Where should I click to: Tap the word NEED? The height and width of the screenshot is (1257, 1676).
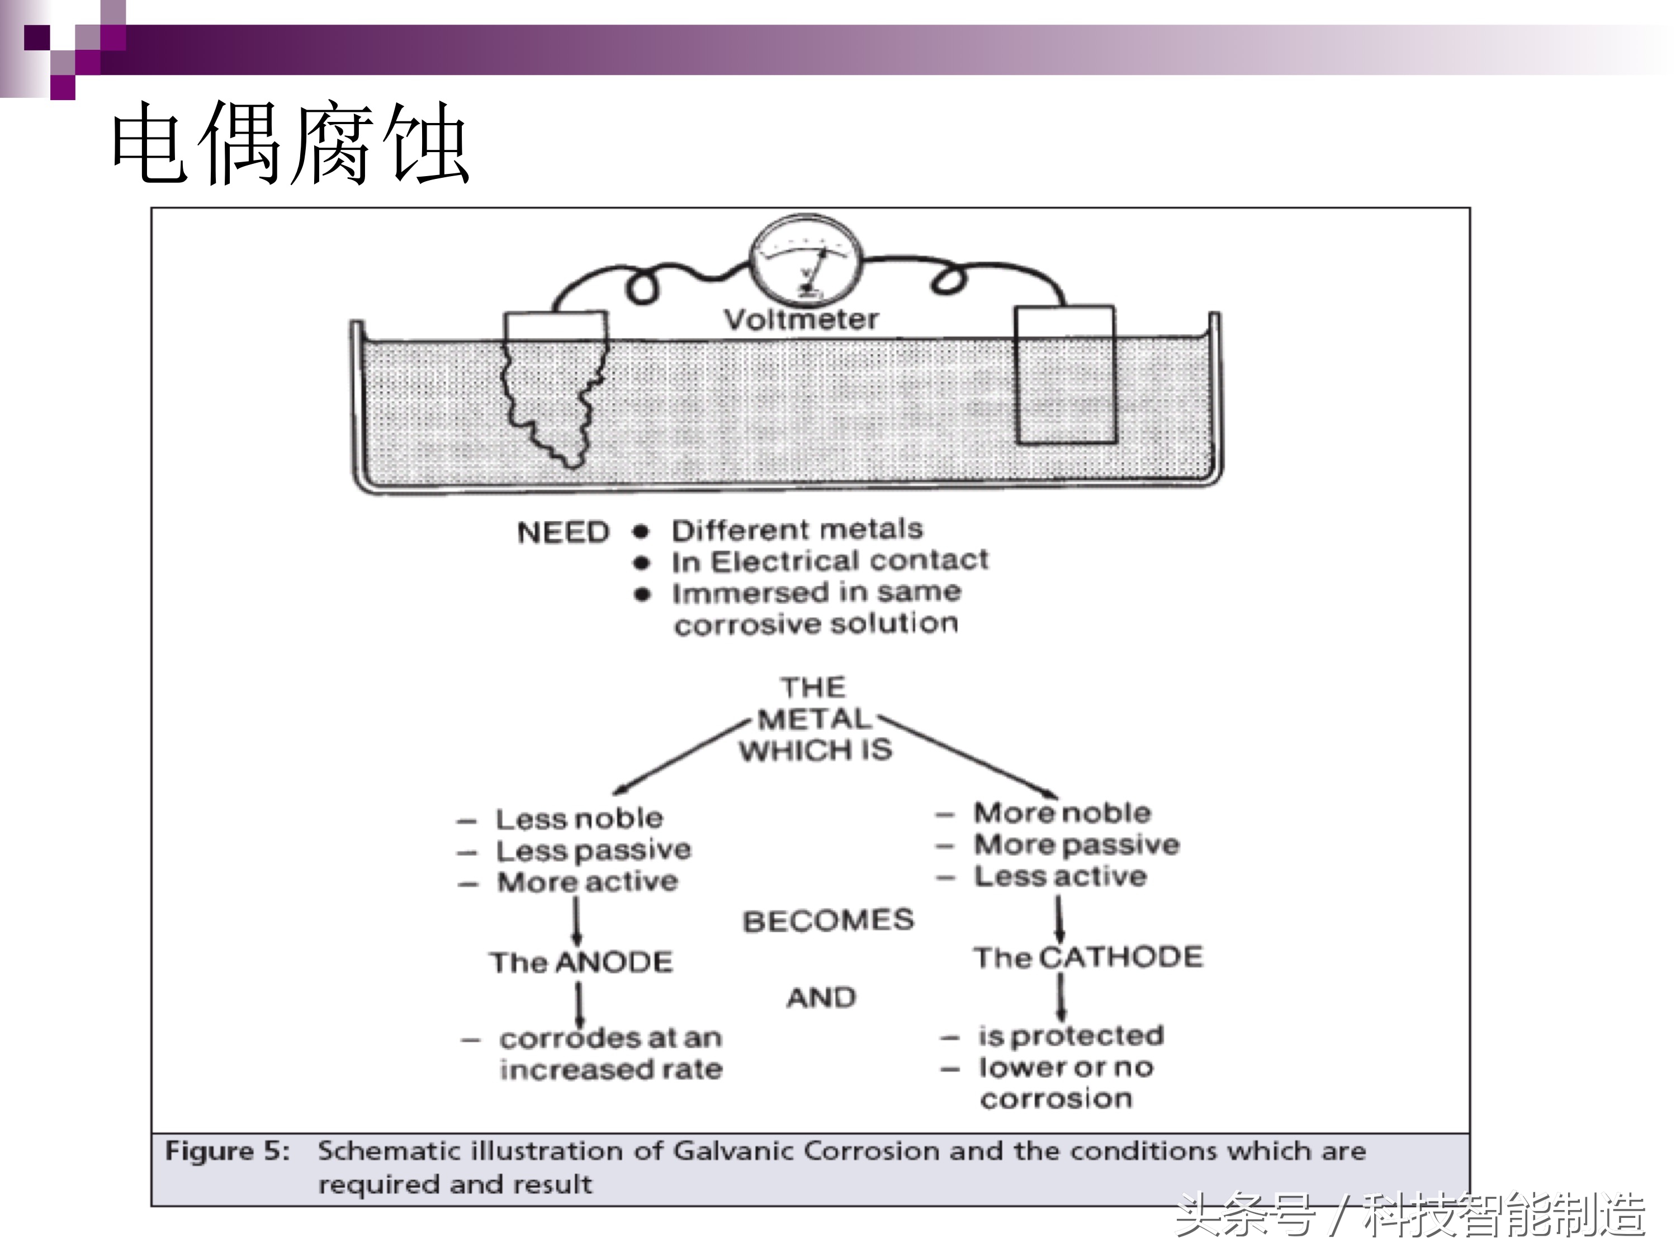coord(563,533)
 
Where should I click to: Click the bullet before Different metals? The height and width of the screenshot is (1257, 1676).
coord(642,531)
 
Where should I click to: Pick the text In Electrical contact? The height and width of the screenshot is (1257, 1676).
coord(830,561)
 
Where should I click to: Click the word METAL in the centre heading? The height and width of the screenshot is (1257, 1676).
coord(814,719)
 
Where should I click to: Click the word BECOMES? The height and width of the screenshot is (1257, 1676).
coord(828,920)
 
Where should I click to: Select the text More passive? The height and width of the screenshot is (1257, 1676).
coord(1077,845)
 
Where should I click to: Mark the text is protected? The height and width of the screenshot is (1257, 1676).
coord(1071,1036)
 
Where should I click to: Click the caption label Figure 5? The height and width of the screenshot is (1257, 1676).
coord(228,1152)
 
